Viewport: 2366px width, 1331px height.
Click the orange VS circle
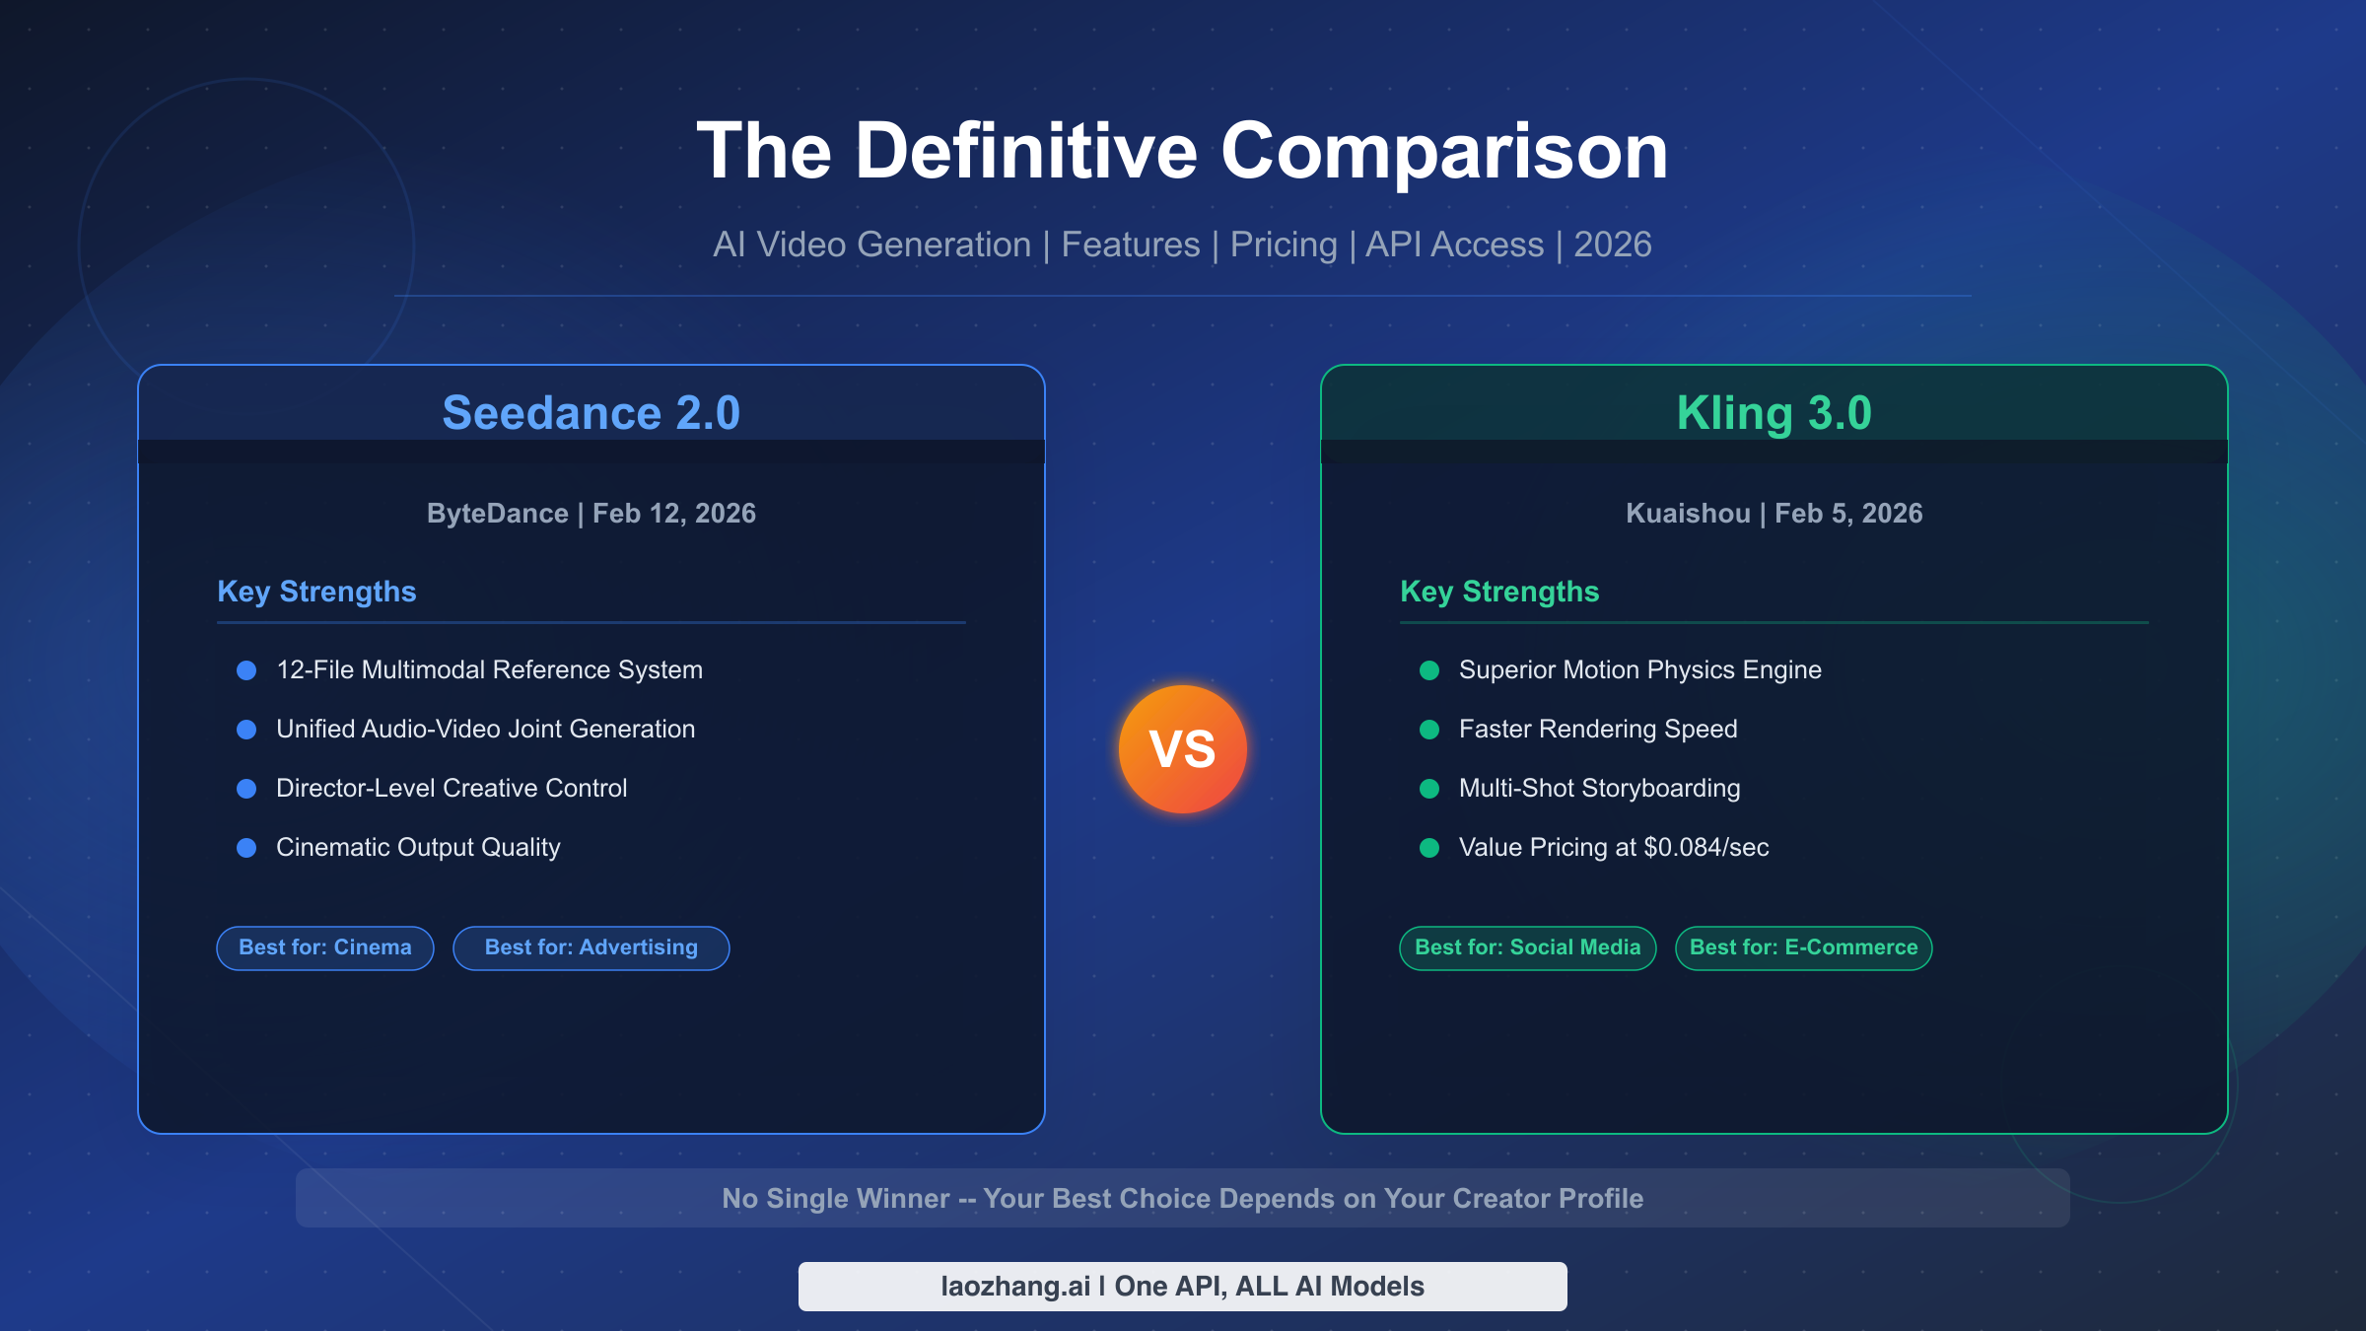[x=1182, y=749]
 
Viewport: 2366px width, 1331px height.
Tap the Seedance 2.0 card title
[x=591, y=413]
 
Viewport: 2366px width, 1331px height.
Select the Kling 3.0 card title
[x=1774, y=413]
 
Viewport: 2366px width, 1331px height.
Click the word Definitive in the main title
[x=1026, y=151]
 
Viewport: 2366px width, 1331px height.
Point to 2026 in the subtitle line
[x=1613, y=245]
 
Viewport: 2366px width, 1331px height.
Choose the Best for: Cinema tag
[x=325, y=947]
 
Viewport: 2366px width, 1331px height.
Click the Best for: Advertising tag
[x=591, y=947]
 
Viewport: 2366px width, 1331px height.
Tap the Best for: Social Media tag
[x=1528, y=947]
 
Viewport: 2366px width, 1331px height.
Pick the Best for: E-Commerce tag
[x=1804, y=947]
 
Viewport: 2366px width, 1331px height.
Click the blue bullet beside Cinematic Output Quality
[x=246, y=848]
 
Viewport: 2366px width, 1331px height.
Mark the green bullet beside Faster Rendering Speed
[x=1429, y=730]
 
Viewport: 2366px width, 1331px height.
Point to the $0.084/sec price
[x=1705, y=848]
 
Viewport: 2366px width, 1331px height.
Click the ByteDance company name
[x=497, y=514]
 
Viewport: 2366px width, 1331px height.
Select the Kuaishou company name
[x=1688, y=514]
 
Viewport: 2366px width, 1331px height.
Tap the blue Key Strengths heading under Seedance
[x=316, y=592]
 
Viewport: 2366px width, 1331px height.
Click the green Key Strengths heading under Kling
[x=1499, y=592]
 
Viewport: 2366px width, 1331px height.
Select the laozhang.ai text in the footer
[x=1015, y=1287]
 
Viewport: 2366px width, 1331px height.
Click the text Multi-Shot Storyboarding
[x=1599, y=789]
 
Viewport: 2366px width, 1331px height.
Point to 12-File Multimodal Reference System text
[x=489, y=670]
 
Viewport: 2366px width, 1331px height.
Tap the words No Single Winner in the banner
[x=836, y=1199]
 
